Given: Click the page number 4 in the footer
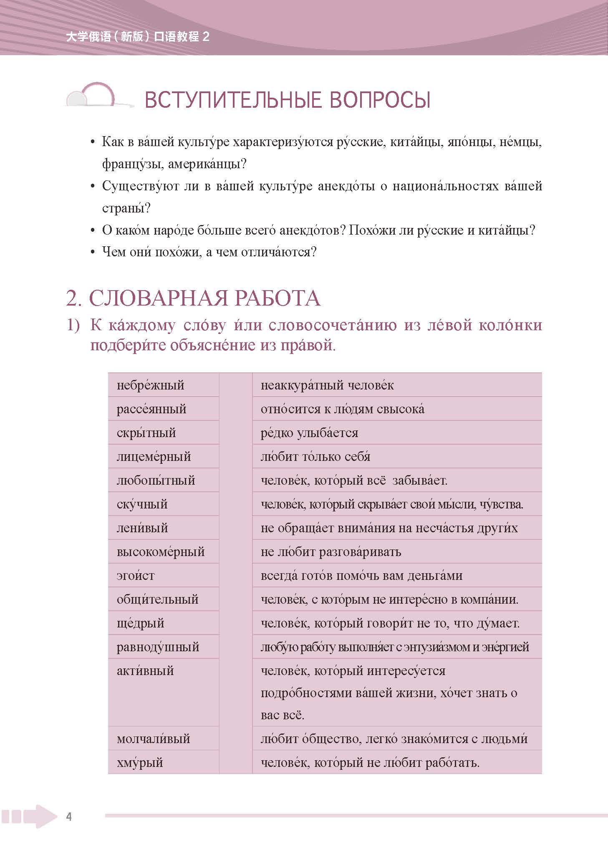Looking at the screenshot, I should pyautogui.click(x=69, y=817).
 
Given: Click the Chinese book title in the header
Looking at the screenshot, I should pyautogui.click(x=138, y=37).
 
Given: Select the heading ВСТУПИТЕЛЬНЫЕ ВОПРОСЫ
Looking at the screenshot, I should pyautogui.click(x=287, y=100).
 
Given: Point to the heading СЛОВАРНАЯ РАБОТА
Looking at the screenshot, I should pyautogui.click(x=194, y=298).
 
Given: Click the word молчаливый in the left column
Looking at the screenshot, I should pyautogui.click(x=153, y=739).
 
